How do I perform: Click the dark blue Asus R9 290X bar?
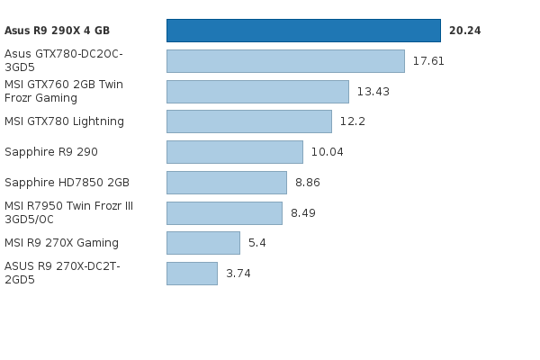[303, 31]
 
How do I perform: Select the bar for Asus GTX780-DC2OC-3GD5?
[285, 61]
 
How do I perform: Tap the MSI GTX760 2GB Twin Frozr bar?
[257, 92]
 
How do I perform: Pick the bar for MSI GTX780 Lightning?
[249, 121]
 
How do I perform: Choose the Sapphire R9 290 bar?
[235, 152]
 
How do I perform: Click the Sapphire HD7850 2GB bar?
[227, 183]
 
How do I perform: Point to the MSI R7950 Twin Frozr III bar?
[224, 213]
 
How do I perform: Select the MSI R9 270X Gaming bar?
[203, 243]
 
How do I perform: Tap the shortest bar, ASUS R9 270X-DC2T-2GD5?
[192, 274]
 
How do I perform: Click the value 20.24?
[464, 31]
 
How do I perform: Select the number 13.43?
[373, 92]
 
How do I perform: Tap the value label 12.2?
[352, 121]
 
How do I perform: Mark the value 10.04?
[327, 152]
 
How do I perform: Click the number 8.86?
[307, 183]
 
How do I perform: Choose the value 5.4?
[256, 243]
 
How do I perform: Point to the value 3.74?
[238, 274]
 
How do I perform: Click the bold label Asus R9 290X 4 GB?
[57, 31]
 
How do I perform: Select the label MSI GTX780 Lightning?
[64, 121]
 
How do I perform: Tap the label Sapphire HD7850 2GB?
[67, 183]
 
